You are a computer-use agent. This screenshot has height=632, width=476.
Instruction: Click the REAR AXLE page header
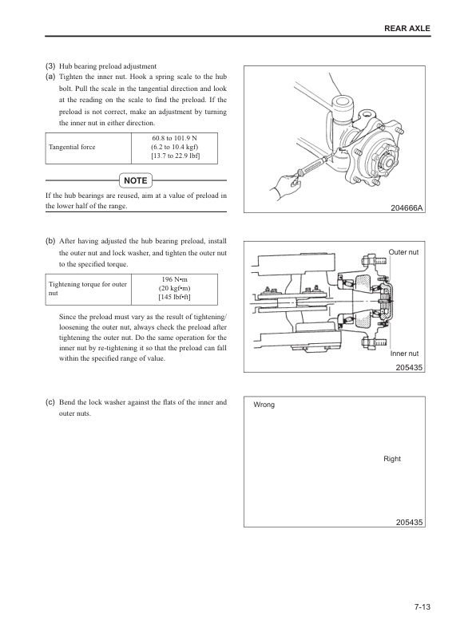(407, 28)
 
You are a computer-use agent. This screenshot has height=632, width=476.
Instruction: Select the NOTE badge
(136, 180)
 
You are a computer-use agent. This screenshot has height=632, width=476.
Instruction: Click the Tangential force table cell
(72, 148)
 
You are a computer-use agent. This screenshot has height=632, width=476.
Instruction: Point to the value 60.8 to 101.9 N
(175, 138)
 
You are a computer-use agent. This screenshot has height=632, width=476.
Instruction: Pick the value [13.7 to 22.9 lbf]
(175, 157)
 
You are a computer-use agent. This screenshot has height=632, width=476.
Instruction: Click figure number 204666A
(407, 208)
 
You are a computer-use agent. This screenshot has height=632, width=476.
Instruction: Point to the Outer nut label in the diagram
(403, 252)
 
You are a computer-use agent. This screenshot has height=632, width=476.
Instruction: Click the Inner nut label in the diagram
(405, 353)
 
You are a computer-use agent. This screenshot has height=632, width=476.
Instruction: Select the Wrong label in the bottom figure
(264, 405)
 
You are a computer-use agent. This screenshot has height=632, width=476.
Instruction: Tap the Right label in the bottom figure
(392, 459)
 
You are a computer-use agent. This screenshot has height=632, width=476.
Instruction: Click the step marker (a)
(50, 76)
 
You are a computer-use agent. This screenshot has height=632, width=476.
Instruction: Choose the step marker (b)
(50, 240)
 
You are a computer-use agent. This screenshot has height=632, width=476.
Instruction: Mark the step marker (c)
(50, 402)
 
